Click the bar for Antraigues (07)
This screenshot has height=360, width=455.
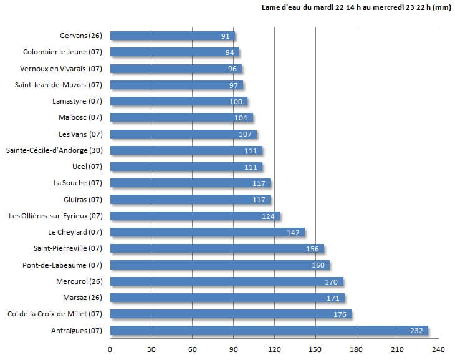[x=268, y=330]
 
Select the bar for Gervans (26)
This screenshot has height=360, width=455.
[x=172, y=36]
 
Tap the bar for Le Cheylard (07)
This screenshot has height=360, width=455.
[x=207, y=232]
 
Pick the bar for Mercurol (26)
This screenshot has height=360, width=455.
[x=226, y=281]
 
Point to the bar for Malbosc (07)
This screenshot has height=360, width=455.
[x=181, y=117]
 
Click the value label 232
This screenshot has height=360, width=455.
[x=416, y=331]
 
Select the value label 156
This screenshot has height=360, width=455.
[x=312, y=249]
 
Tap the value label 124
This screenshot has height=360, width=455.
[x=269, y=216]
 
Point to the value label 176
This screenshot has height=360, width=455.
[x=340, y=314]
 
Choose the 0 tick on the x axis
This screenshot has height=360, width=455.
[x=110, y=349]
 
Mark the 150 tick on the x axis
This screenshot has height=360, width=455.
[x=315, y=349]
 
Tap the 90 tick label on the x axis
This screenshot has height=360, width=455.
[x=234, y=349]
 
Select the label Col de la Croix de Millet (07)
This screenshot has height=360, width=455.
[x=54, y=314]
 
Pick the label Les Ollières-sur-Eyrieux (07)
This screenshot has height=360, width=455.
[x=55, y=216]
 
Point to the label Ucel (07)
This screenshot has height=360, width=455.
[x=87, y=167]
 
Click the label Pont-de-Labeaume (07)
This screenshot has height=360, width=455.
[x=62, y=265]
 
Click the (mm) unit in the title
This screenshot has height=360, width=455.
[x=441, y=7]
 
